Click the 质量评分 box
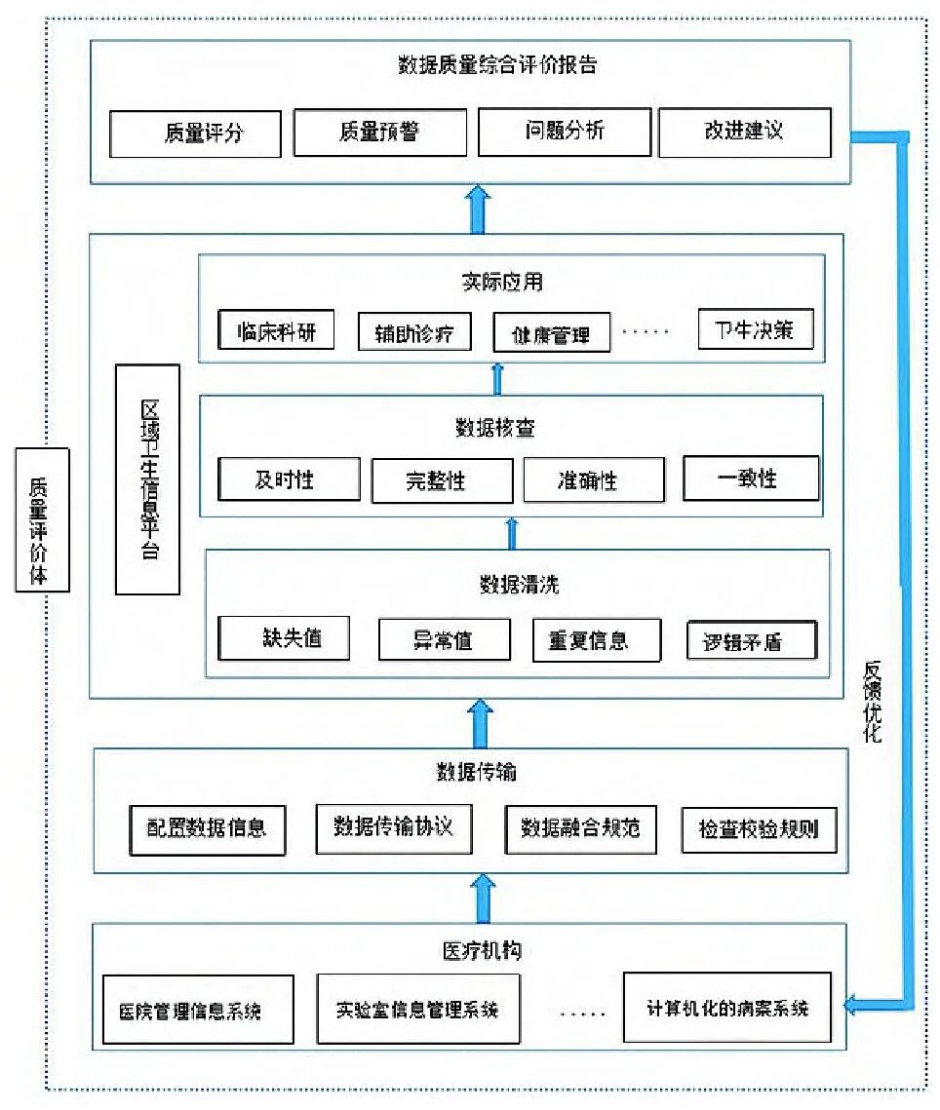pos(195,134)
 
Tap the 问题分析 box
pos(564,132)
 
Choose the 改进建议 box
pos(744,132)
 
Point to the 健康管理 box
pos(551,334)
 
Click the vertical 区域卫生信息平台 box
pos(147,479)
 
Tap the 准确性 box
pos(594,480)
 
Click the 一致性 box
pos(750,478)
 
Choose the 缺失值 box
pos(284,638)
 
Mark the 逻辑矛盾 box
pos(751,640)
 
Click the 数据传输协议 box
pos(393,827)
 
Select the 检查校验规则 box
pos(758,830)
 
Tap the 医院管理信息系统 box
pos(198,1010)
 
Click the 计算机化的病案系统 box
pos(726,1008)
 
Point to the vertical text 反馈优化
pos(872,702)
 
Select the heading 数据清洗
pos(519,585)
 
